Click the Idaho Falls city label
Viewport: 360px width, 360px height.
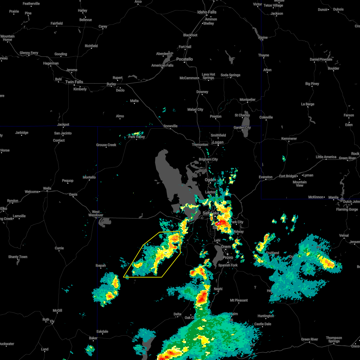pyautogui.click(x=207, y=12)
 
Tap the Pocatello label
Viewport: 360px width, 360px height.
pyautogui.click(x=184, y=59)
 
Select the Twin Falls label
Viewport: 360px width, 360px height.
pyautogui.click(x=74, y=82)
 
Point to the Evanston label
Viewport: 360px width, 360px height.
pyautogui.click(x=265, y=177)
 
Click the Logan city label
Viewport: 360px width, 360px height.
pyautogui.click(x=218, y=142)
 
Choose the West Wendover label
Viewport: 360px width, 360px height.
pyautogui.click(x=96, y=213)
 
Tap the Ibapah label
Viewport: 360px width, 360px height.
pyautogui.click(x=100, y=265)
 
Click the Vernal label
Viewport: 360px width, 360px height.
pyautogui.click(x=344, y=235)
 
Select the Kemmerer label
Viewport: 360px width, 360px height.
pyautogui.click(x=289, y=139)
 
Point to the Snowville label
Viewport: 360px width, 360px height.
pyautogui.click(x=170, y=126)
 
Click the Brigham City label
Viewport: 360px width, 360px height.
pyautogui.click(x=208, y=159)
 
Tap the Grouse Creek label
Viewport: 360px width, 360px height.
pyautogui.click(x=106, y=145)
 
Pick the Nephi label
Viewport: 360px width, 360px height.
pyautogui.click(x=218, y=289)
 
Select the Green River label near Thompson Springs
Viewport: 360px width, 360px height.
pyautogui.click(x=310, y=339)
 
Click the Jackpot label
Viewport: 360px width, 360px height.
pyautogui.click(x=63, y=124)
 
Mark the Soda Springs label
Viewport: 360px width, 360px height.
pyautogui.click(x=230, y=75)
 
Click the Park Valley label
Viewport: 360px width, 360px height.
pyautogui.click(x=136, y=137)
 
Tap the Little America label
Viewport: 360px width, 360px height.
pyautogui.click(x=326, y=157)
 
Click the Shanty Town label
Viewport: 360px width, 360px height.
pyautogui.click(x=18, y=257)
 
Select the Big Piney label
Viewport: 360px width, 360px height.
pyautogui.click(x=312, y=84)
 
